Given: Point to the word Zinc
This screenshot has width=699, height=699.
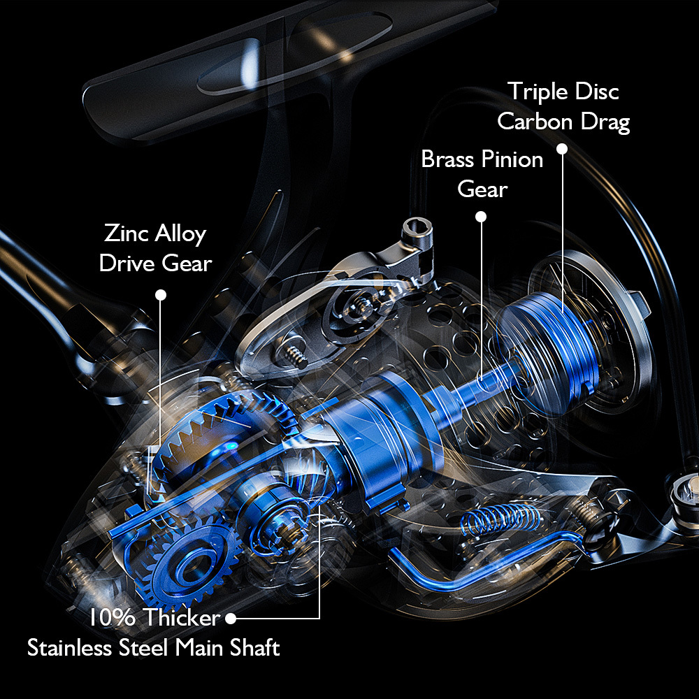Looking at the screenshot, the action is coord(122,233).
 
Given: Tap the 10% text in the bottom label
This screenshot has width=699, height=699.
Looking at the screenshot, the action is coord(112,617).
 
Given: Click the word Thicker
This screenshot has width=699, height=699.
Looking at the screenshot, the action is coord(182,617).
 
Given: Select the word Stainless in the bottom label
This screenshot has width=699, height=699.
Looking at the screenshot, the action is coord(69,647).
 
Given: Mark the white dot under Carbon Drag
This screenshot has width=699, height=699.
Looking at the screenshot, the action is coord(562,149).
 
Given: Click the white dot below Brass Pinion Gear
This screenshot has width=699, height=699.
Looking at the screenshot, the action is coord(481,217).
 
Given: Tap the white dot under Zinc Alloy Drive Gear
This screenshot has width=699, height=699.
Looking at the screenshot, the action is coord(161,295).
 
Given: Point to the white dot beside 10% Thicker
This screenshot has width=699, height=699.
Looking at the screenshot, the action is coord(231,619).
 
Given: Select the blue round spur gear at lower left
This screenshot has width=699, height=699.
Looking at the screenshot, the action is coord(187,564).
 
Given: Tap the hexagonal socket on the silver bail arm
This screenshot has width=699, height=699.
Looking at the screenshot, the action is coord(417,231).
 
